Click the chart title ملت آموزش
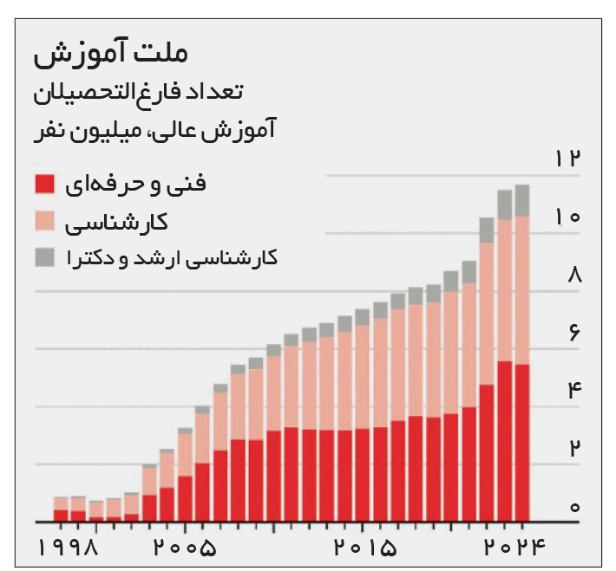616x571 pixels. pos(111,54)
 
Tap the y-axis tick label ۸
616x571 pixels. pos(573,276)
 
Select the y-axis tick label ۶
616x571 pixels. pos(573,334)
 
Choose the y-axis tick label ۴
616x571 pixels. pos(573,391)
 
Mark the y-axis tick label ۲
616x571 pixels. pos(573,449)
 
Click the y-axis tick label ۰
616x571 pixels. pos(574,507)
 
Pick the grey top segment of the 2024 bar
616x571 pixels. pos(521,200)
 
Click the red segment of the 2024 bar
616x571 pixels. pos(521,442)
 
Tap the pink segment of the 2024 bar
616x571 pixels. pos(521,290)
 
